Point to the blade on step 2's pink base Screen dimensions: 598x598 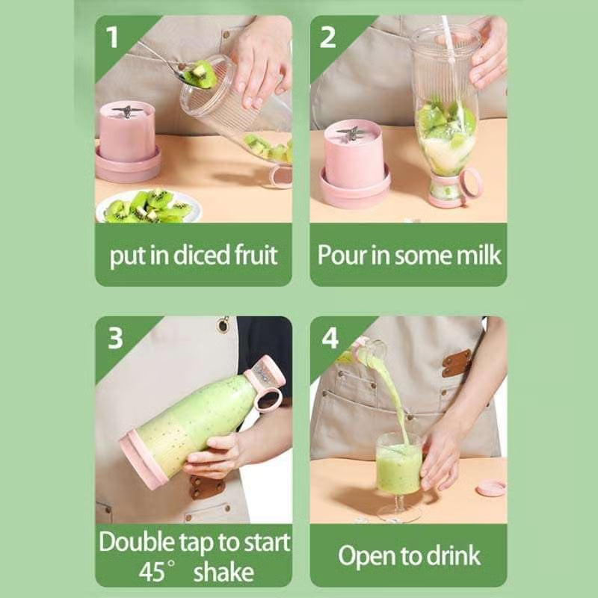[x=351, y=135]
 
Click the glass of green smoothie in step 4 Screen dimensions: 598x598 [x=398, y=467]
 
